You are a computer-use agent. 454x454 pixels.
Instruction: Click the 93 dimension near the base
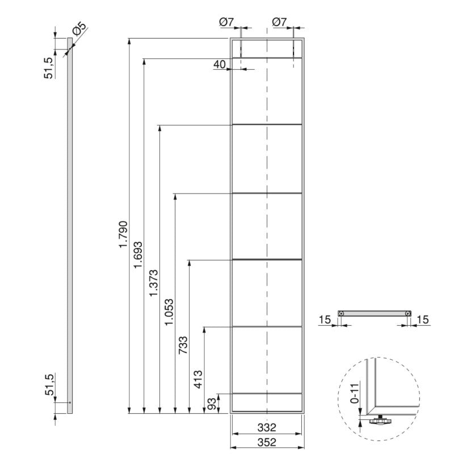tap(212, 404)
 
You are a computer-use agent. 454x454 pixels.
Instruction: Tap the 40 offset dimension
tap(220, 65)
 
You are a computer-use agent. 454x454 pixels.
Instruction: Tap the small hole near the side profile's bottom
tap(70, 402)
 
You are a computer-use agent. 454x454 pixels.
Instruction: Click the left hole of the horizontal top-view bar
tap(340, 313)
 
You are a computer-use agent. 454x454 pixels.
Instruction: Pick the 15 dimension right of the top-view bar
tap(423, 321)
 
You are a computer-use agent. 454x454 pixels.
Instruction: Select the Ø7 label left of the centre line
tap(226, 22)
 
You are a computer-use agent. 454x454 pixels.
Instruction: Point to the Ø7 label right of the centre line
tap(280, 22)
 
